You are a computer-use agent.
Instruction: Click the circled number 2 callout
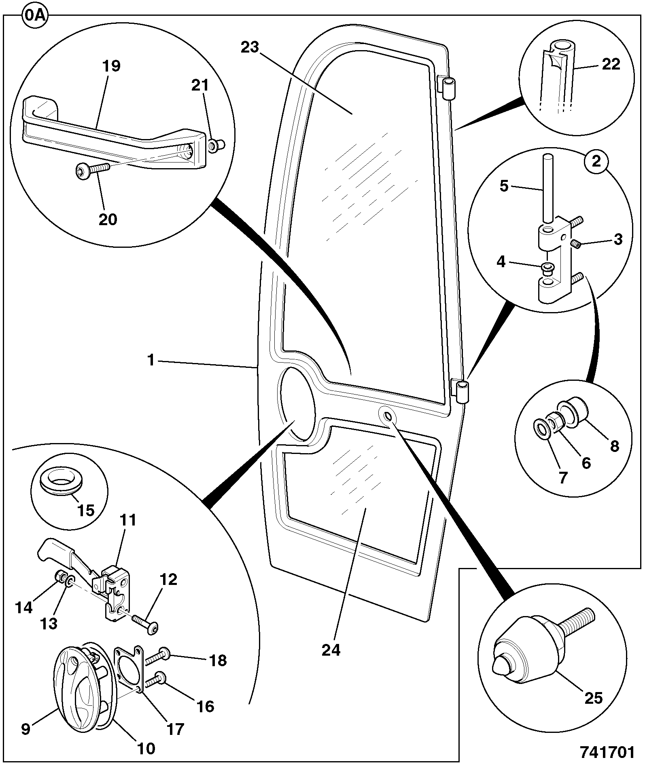596,161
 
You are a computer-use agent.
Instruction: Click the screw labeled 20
93,169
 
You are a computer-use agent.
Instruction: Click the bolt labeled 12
145,625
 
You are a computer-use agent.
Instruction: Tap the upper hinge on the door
448,87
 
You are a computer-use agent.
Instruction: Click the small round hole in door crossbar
387,416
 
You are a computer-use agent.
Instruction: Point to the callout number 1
151,360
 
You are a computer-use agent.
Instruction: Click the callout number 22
611,64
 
